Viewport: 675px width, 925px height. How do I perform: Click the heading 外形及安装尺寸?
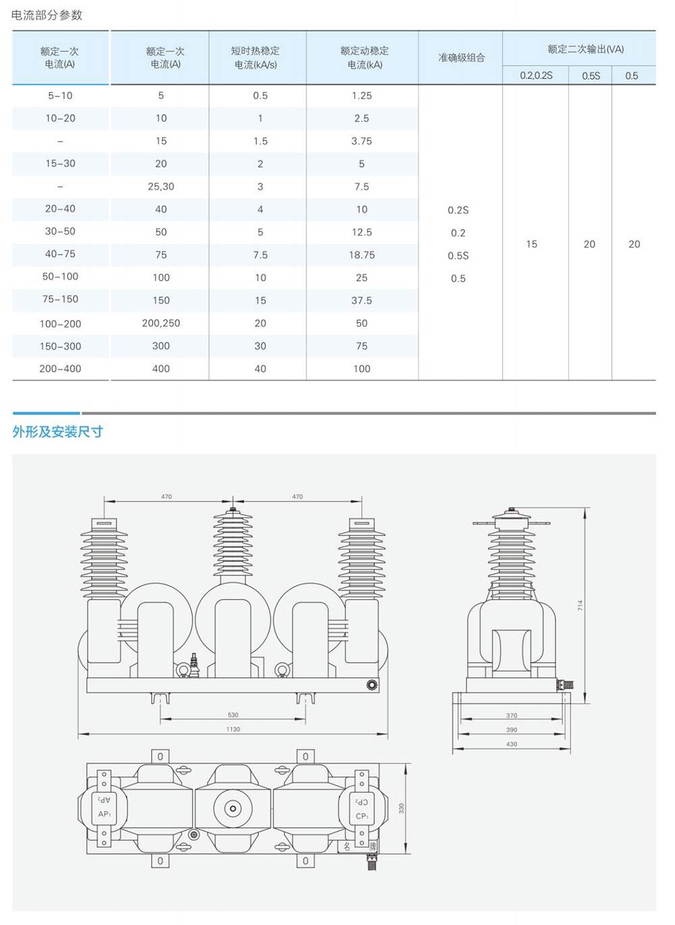(x=57, y=432)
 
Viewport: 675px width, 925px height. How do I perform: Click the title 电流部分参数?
(x=47, y=16)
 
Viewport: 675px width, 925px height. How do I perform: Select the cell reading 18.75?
(x=362, y=255)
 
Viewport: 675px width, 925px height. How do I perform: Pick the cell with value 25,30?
(x=161, y=186)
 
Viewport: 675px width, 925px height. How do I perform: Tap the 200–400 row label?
(x=60, y=369)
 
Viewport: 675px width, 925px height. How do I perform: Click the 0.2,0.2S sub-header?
(x=536, y=76)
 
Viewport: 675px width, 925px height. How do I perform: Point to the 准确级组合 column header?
(x=461, y=57)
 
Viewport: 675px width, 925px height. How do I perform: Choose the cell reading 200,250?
(x=161, y=323)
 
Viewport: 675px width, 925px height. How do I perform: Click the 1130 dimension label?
(x=233, y=729)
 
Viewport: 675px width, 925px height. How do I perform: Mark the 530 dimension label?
(x=233, y=715)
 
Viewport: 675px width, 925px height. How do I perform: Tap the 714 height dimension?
(x=580, y=605)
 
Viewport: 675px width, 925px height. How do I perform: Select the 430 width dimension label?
(x=512, y=744)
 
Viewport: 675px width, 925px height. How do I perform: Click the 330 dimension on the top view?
(x=402, y=809)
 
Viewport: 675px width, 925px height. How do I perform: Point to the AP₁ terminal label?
(x=105, y=814)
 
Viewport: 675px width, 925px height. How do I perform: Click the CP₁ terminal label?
(x=362, y=816)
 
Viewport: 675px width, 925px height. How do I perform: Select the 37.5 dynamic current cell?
(x=361, y=300)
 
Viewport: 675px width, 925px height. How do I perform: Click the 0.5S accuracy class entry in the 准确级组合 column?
(x=458, y=255)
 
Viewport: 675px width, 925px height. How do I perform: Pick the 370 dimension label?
(x=512, y=716)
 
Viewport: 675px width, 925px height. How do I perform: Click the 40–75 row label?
(x=60, y=254)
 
